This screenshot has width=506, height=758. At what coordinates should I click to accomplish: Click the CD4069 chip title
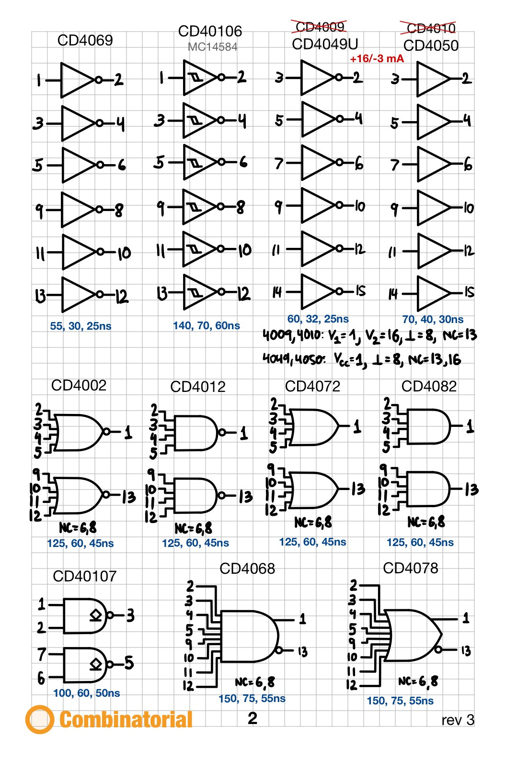[85, 40]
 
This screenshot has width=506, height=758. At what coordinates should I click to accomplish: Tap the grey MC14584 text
[212, 47]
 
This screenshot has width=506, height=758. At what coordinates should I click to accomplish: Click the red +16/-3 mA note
[377, 59]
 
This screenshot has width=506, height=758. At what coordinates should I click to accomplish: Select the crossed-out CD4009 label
[320, 27]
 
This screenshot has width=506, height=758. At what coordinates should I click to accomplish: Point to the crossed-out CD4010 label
[430, 29]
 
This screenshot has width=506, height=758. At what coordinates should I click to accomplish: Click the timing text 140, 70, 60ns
[206, 326]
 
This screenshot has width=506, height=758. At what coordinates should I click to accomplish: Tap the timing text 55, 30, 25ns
[80, 326]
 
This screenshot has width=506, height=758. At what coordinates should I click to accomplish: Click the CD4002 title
[79, 385]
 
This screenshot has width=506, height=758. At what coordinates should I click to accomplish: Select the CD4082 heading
[429, 386]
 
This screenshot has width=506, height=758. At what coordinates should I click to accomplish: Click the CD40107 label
[84, 576]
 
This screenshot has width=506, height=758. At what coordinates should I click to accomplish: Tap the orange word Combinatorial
[126, 720]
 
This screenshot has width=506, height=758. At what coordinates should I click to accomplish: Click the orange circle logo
[39, 719]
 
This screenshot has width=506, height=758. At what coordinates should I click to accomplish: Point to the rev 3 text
[458, 720]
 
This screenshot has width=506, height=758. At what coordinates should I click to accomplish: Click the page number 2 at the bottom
[253, 718]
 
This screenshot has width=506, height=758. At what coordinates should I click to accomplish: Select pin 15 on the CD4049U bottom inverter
[360, 291]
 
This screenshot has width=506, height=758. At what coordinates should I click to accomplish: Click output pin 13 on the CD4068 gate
[302, 652]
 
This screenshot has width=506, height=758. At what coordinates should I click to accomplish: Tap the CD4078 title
[410, 568]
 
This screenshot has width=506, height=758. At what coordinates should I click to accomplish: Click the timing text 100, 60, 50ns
[86, 693]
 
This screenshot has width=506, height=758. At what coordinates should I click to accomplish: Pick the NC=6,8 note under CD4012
[193, 528]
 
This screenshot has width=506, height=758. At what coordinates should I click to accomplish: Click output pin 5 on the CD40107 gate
[128, 663]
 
